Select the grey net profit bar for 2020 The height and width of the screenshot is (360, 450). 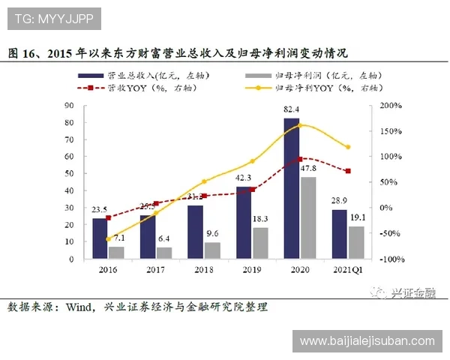coord(308,218)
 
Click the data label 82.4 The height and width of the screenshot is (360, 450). coord(292,110)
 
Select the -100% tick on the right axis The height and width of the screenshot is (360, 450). coord(391,259)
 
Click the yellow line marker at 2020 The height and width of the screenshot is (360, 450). coord(300,124)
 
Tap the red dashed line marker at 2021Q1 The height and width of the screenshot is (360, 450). coord(348,171)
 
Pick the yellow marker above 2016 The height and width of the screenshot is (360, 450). coord(108,239)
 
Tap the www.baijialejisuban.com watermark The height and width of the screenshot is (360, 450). coord(367,341)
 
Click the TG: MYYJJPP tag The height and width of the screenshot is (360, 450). coord(50,16)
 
